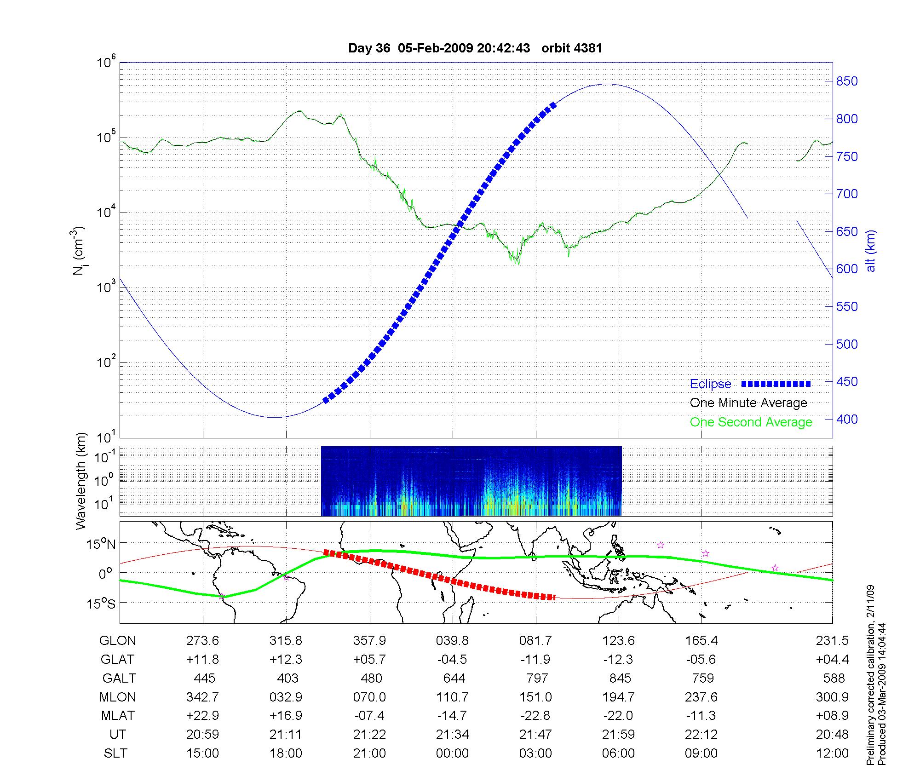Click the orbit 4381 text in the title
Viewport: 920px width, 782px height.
coord(571,48)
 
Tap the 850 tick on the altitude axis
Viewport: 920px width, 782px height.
coord(847,81)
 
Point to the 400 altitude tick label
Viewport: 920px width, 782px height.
coord(847,419)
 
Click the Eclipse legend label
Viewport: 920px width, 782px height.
coord(710,384)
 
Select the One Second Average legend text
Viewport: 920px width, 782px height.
coord(751,422)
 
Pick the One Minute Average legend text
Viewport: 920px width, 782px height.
coord(748,403)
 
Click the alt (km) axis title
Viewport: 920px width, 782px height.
coord(871,251)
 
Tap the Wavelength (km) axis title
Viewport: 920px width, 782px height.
coord(81,481)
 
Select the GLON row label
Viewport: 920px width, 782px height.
coord(117,641)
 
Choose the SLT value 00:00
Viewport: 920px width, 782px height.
coord(453,753)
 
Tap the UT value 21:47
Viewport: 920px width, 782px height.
coord(535,735)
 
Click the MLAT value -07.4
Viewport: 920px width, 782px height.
coord(369,716)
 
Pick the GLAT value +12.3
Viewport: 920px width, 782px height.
coord(286,660)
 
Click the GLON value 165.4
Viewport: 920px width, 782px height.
coord(701,641)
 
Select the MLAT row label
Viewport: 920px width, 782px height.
coord(118,716)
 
